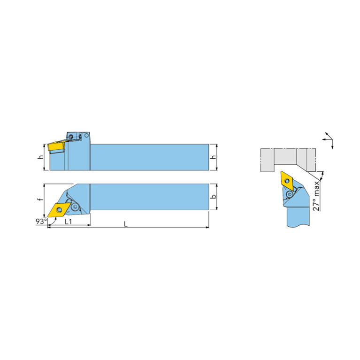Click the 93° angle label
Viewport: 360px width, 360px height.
point(41,222)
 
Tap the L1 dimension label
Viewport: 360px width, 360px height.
point(69,222)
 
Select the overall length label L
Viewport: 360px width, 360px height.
point(126,224)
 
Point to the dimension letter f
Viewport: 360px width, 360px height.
point(41,199)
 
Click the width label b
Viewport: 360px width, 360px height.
point(214,197)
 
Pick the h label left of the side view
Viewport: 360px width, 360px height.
point(41,157)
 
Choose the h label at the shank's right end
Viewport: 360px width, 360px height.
point(214,157)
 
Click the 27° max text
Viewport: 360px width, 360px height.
point(316,196)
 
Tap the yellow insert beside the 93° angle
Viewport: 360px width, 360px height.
point(59,210)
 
